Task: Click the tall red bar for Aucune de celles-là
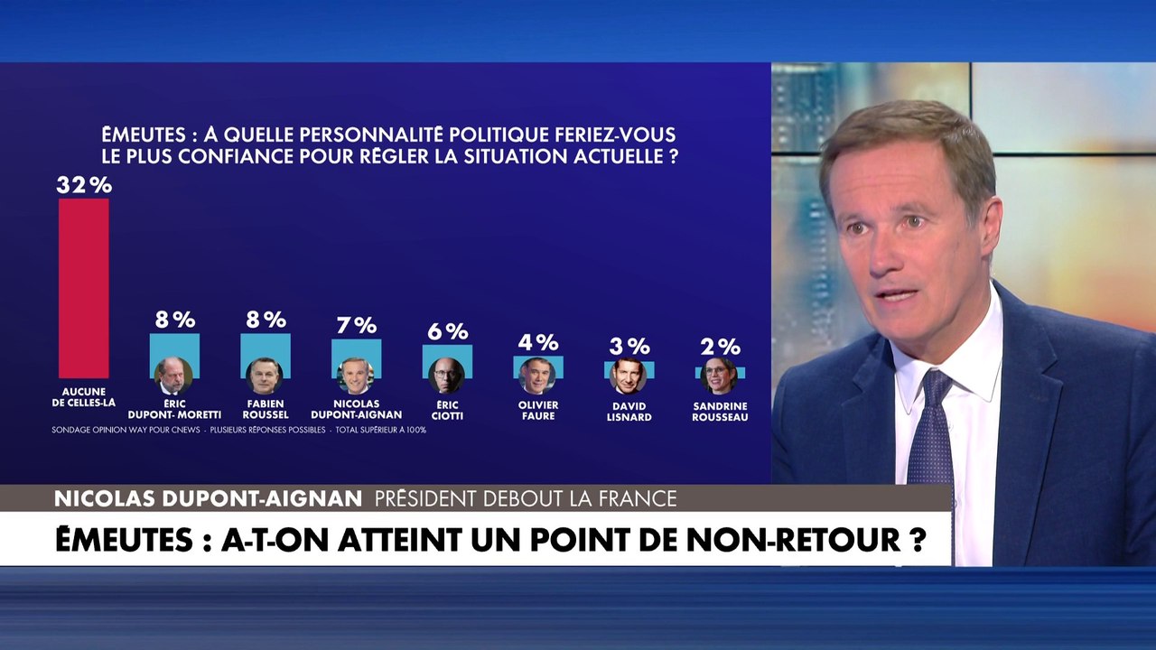(84, 287)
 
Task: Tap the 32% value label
(84, 185)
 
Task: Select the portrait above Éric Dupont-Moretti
(173, 376)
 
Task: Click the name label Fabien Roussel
(265, 410)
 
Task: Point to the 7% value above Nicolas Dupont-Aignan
(356, 325)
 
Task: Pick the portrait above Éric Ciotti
(447, 376)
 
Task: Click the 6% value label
(447, 331)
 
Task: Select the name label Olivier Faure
(537, 410)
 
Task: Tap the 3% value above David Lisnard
(629, 347)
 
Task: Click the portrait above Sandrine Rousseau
(719, 376)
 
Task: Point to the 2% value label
(720, 347)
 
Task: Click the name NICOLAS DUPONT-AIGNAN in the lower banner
(208, 498)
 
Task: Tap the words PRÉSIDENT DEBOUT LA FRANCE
(526, 498)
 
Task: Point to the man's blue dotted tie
(930, 433)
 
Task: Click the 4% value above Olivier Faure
(537, 342)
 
